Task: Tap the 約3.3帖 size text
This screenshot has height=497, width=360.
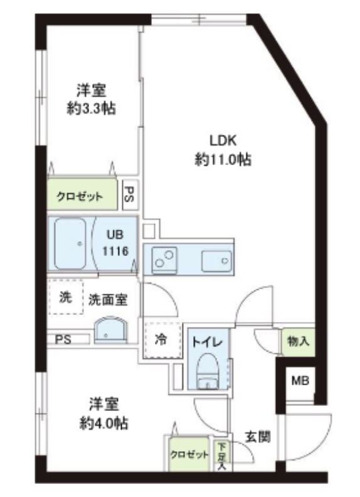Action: [x=91, y=109]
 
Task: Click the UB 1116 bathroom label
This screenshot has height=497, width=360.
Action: [x=117, y=243]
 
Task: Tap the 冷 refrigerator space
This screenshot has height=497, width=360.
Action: [x=161, y=340]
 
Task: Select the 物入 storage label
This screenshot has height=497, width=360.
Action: [x=297, y=341]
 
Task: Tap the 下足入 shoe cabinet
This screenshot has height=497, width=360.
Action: [x=221, y=456]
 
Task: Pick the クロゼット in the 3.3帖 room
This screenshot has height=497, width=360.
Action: [x=81, y=196]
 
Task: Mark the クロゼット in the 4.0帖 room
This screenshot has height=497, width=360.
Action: [x=189, y=454]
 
